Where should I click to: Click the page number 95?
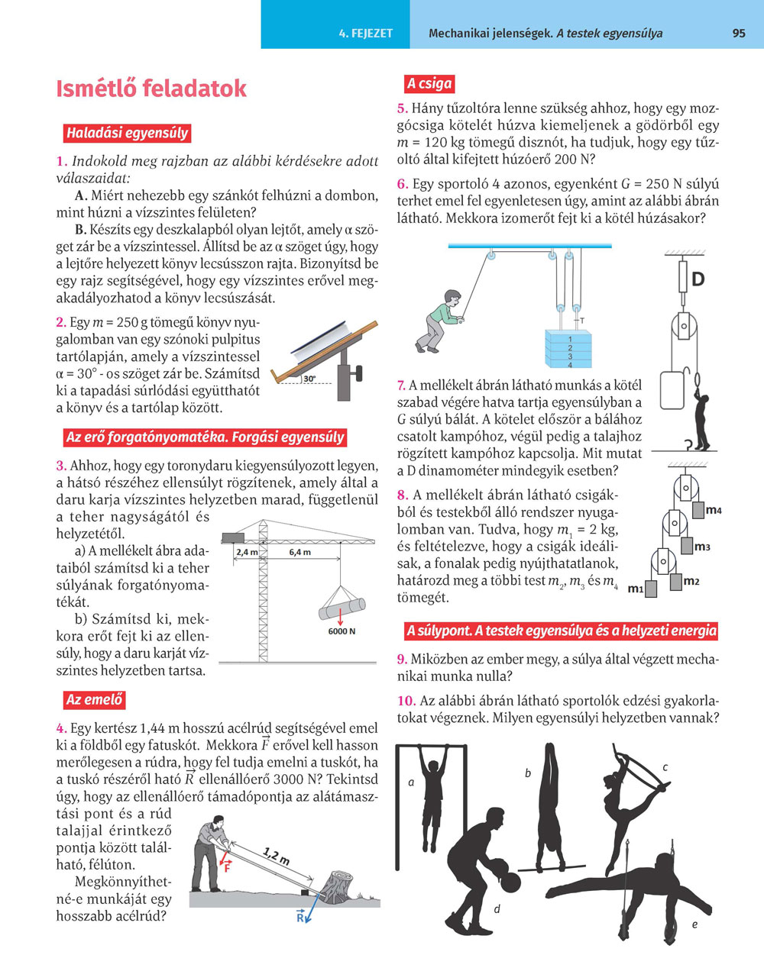pos(738,34)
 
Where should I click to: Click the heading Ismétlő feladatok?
pos(151,89)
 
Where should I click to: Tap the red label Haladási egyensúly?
pos(127,133)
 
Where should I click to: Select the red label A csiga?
pos(429,83)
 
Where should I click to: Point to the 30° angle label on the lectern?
pos(309,378)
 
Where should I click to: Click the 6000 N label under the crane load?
pos(342,631)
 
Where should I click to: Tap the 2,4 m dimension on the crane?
pos(247,551)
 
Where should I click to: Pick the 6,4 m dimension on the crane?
pos(299,551)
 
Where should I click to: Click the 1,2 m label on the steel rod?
pos(275,855)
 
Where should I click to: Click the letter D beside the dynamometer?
pos(698,280)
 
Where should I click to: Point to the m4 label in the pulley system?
pos(714,510)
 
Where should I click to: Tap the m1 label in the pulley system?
pos(636,589)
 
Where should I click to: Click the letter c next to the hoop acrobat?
pos(665,767)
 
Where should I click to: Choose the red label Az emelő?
pos(94,700)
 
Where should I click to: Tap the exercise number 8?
pos(403,495)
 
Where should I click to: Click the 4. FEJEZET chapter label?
pos(366,34)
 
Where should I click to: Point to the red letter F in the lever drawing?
pos(227,868)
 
